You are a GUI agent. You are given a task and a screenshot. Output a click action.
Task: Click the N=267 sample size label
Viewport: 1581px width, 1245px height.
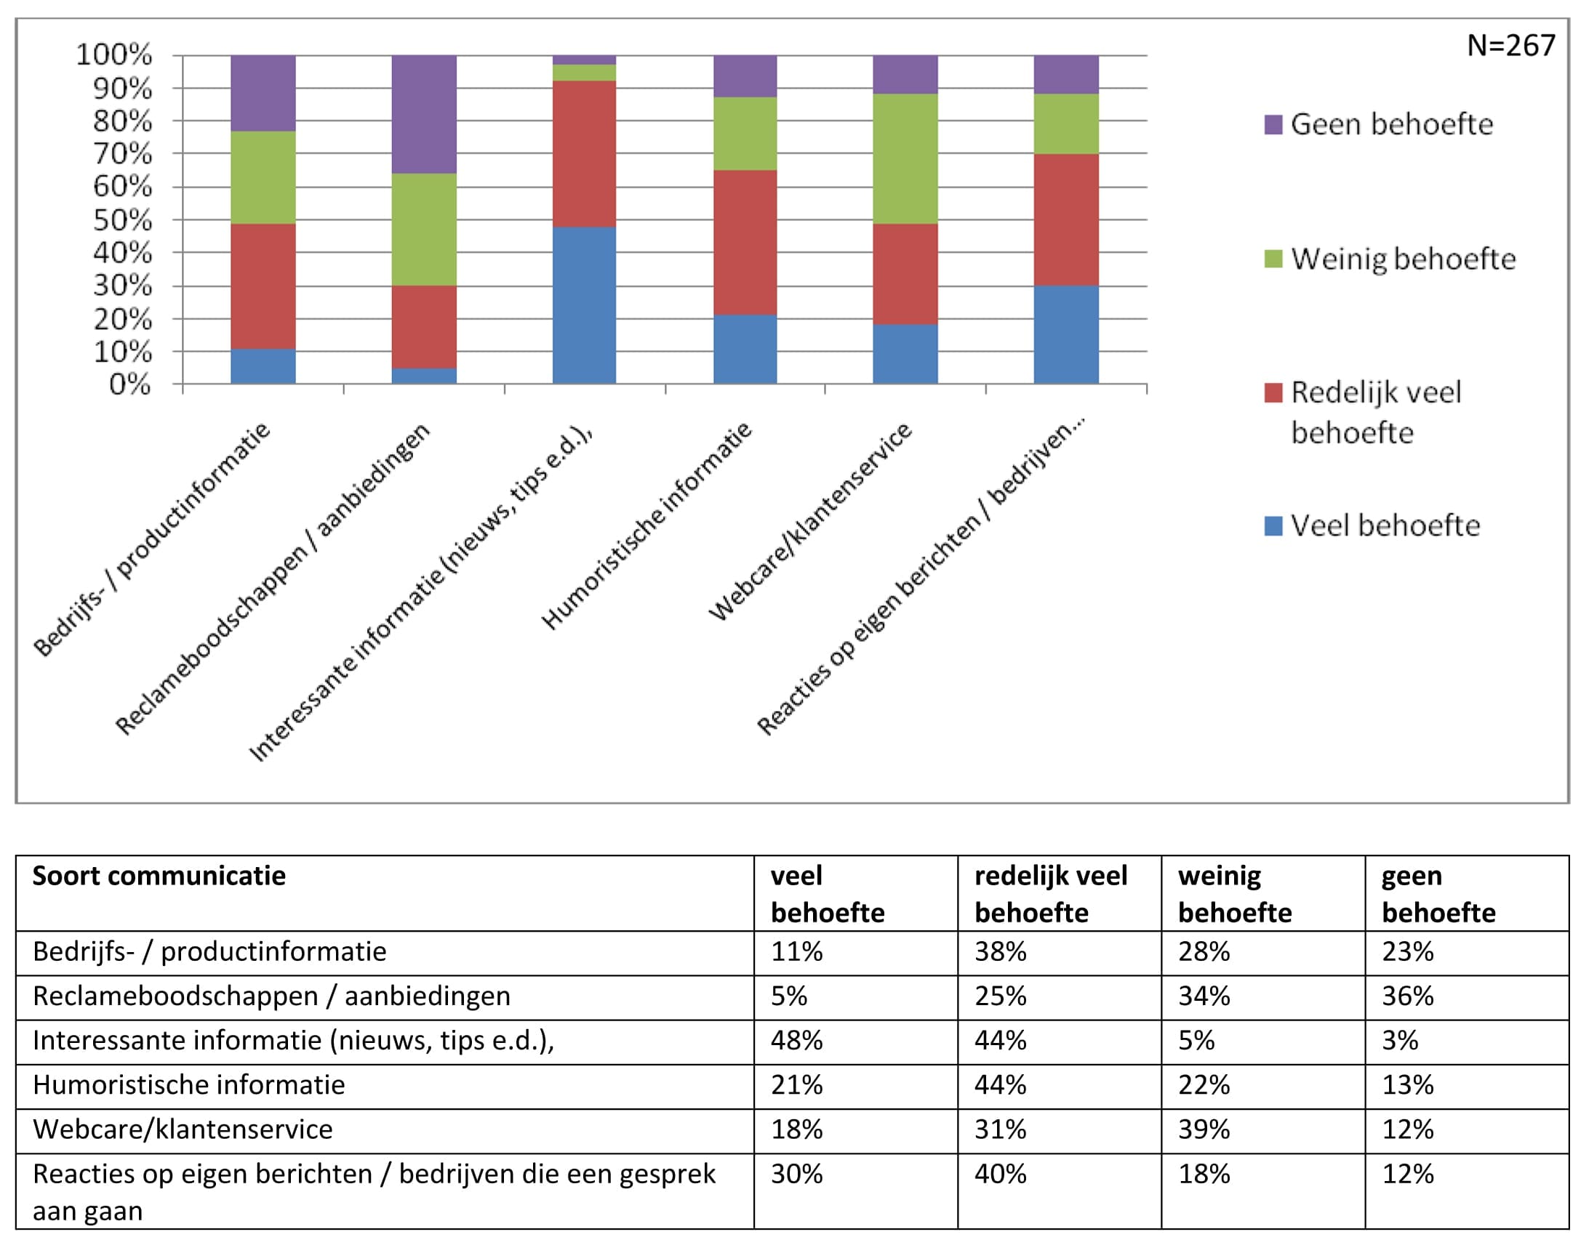1511,46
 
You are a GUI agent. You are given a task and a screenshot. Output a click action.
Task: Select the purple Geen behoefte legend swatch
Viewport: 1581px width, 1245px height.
1273,125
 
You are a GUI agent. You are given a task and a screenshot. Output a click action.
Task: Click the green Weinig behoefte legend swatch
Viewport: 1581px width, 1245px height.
1273,259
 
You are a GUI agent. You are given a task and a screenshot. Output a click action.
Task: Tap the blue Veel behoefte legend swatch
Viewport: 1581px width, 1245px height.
1273,525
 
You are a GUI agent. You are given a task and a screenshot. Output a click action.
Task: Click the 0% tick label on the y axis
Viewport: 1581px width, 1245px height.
129,384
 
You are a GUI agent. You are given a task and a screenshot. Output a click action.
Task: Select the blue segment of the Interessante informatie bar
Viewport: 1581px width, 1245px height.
584,305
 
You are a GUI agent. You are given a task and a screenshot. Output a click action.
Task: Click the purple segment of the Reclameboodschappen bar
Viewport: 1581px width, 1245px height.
425,114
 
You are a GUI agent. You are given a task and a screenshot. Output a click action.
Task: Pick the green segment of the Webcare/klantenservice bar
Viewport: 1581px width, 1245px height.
905,159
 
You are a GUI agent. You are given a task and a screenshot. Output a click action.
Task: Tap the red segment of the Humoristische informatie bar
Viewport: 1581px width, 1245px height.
745,243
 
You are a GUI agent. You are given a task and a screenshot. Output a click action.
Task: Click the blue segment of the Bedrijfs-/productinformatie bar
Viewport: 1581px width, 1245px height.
263,366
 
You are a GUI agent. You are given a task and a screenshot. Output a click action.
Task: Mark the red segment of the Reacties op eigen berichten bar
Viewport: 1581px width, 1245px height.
1066,220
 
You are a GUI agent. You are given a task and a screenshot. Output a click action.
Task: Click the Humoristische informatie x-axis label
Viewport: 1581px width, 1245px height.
647,525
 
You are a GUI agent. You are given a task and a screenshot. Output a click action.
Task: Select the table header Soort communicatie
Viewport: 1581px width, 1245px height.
159,876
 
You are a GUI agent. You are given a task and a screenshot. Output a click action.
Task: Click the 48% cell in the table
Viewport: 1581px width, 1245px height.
796,1040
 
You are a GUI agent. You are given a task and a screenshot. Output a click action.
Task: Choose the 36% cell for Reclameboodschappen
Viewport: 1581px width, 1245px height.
1407,996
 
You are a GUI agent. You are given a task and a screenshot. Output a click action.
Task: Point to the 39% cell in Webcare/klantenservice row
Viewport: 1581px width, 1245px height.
1204,1129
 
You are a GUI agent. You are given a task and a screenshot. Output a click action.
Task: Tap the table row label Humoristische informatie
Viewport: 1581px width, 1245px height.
189,1084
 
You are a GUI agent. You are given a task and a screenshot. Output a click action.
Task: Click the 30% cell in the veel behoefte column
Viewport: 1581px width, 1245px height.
796,1174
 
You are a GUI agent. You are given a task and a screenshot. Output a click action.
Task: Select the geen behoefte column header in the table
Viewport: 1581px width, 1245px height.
1438,894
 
